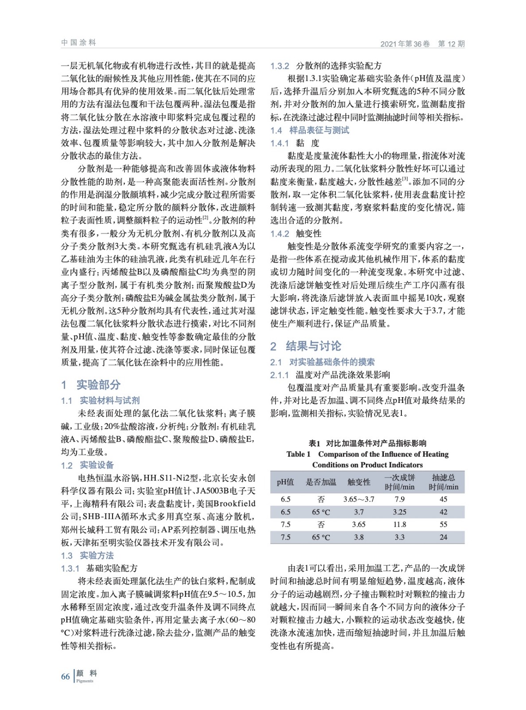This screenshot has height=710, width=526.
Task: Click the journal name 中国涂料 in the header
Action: pyautogui.click(x=78, y=43)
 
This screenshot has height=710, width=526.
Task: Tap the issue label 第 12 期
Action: pyautogui.click(x=451, y=43)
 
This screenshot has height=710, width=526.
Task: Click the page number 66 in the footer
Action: pyautogui.click(x=65, y=676)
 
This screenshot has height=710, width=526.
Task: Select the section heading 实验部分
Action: pyautogui.click(x=98, y=384)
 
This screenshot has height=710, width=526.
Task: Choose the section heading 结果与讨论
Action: pyautogui.click(x=313, y=346)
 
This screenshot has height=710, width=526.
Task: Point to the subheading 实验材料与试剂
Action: pyautogui.click(x=109, y=400)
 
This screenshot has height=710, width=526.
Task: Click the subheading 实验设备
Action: pyautogui.click(x=97, y=465)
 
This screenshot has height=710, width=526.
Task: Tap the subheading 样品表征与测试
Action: pyautogui.click(x=319, y=130)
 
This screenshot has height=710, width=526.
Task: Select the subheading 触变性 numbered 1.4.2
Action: pyautogui.click(x=308, y=233)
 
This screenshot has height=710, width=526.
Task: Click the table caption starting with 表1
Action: pyautogui.click(x=367, y=443)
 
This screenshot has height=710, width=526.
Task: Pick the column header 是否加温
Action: pyautogui.click(x=321, y=482)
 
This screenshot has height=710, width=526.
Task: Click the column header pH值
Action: pyautogui.click(x=285, y=482)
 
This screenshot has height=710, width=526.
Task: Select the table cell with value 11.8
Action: pyautogui.click(x=399, y=524)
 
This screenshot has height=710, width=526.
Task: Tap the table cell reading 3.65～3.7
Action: pyautogui.click(x=358, y=499)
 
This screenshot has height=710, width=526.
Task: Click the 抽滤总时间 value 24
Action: pyautogui.click(x=443, y=537)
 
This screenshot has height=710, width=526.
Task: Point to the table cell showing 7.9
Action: pyautogui.click(x=399, y=499)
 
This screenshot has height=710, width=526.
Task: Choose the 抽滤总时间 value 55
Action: pyautogui.click(x=443, y=524)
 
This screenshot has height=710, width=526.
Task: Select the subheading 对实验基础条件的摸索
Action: pyautogui.click(x=332, y=362)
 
